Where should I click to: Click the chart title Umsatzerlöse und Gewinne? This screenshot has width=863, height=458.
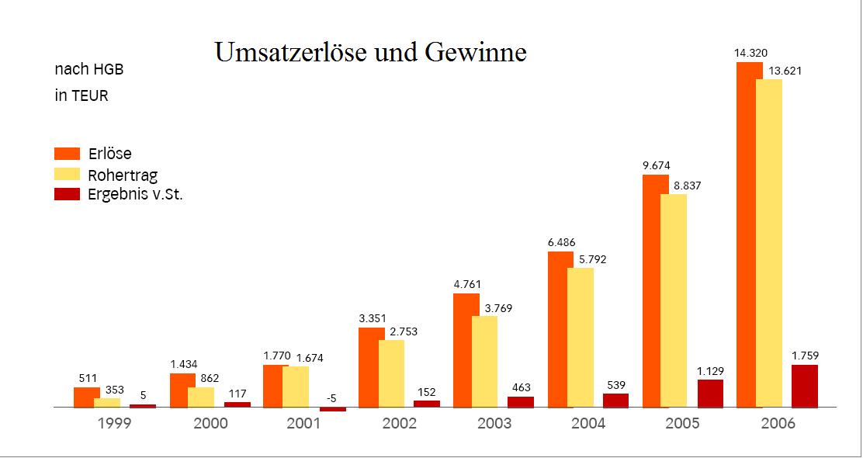point(370,52)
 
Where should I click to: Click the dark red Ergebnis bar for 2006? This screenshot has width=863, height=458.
point(805,386)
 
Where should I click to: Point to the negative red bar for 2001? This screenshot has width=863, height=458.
point(332,409)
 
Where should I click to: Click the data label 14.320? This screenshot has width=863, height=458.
point(750,53)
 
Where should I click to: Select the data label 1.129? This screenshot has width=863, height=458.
point(711,370)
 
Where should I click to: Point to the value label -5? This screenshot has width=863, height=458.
point(331,398)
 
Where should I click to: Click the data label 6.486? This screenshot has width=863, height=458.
point(561,242)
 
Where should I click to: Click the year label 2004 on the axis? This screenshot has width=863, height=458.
point(589,424)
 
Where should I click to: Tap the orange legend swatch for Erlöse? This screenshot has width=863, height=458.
point(68,153)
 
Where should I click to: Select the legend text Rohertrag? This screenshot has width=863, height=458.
point(123,175)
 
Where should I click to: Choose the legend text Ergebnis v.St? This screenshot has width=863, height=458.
point(135,194)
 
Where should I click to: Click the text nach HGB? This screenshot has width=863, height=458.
point(89,70)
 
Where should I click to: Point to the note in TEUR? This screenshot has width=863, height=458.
point(81,96)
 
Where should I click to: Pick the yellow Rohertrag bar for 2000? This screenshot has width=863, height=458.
point(202,397)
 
